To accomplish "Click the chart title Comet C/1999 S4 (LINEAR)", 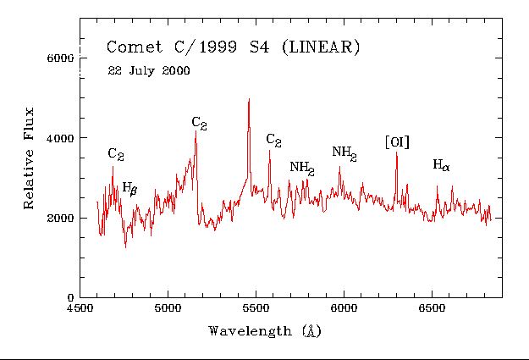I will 233,47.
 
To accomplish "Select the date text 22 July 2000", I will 149,70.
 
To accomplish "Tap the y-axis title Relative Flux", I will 29,158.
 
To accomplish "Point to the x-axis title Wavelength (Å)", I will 263,330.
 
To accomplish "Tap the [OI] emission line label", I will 397,142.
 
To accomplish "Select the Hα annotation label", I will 441,165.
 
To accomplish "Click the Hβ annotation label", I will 129,187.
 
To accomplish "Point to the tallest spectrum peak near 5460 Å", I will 249,99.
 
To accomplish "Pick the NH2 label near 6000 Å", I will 344,152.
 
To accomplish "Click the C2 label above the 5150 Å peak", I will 200,124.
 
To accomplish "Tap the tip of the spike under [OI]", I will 396,153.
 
